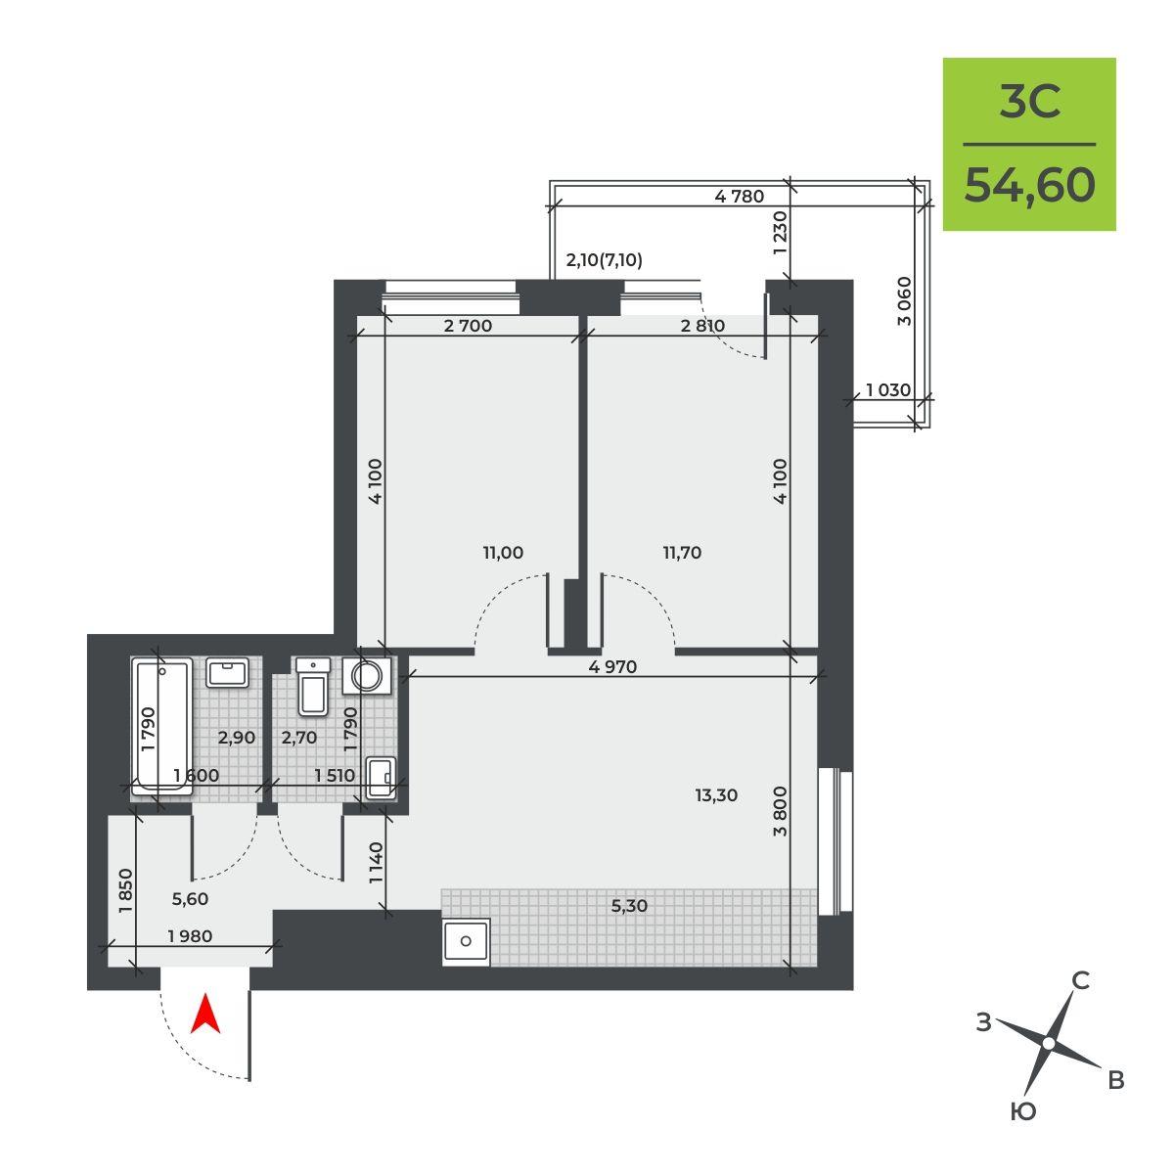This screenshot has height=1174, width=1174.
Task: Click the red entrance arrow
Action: click(205, 1014)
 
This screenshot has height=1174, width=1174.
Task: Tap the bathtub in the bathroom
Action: click(161, 726)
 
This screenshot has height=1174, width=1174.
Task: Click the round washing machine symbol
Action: click(367, 676)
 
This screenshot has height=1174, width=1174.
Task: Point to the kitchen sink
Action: click(466, 941)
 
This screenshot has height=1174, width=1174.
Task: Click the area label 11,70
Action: click(682, 553)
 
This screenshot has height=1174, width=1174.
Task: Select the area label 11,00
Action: click(503, 553)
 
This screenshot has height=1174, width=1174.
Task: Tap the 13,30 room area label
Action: click(716, 795)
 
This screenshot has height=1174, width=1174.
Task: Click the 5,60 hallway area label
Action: click(190, 899)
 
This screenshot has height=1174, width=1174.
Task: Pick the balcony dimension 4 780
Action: click(739, 197)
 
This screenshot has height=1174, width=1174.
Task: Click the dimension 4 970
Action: click(612, 666)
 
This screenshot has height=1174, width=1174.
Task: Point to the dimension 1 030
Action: click(888, 389)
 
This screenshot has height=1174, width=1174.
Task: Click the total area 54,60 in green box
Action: click(1029, 185)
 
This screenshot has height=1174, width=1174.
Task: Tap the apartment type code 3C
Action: click(1030, 102)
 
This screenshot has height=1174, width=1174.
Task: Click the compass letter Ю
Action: click(1023, 1111)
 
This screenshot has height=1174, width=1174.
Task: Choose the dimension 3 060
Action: click(905, 301)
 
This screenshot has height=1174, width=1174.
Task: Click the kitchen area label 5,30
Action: click(629, 906)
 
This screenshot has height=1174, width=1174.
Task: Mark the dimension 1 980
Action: click(190, 936)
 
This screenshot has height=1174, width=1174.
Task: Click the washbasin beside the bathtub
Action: click(227, 672)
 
